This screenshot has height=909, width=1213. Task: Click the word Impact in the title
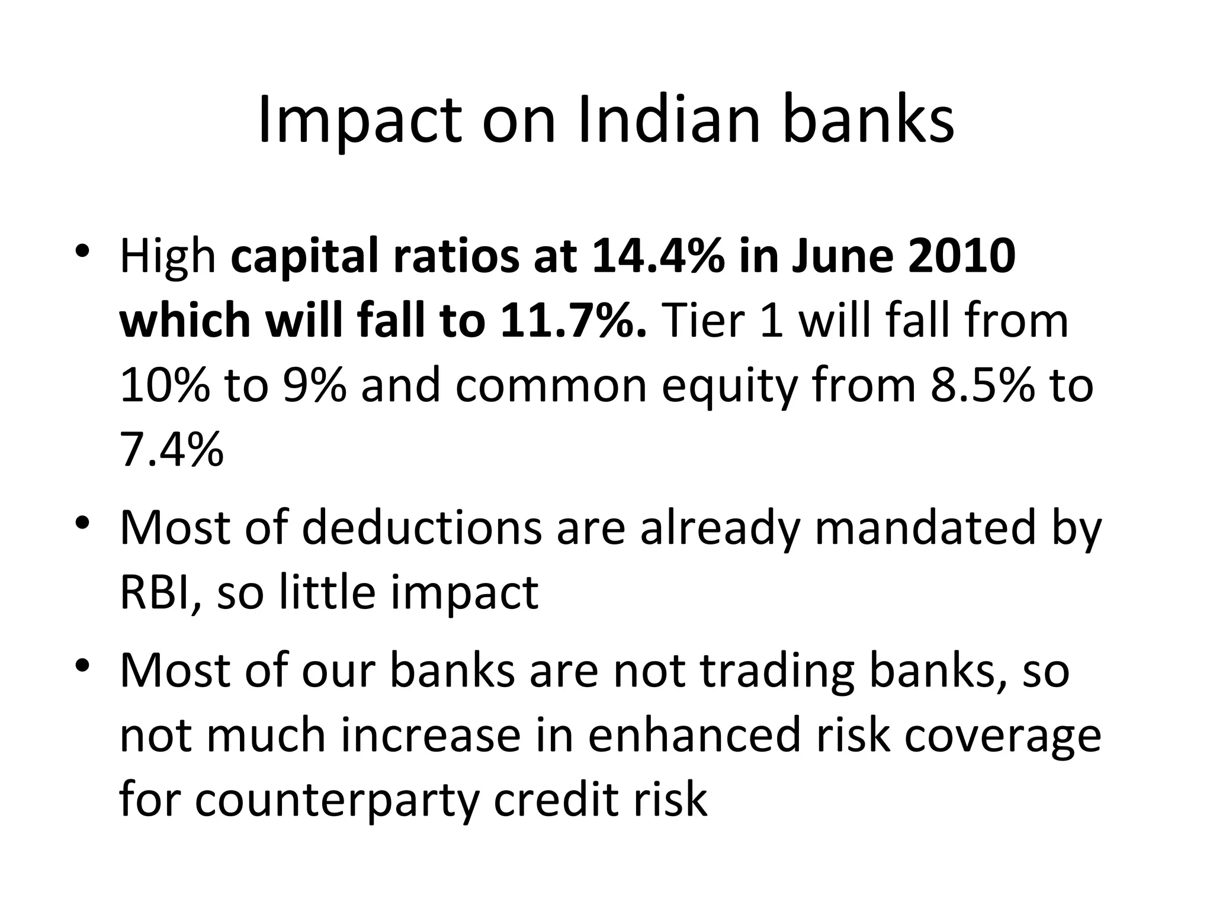(359, 121)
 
